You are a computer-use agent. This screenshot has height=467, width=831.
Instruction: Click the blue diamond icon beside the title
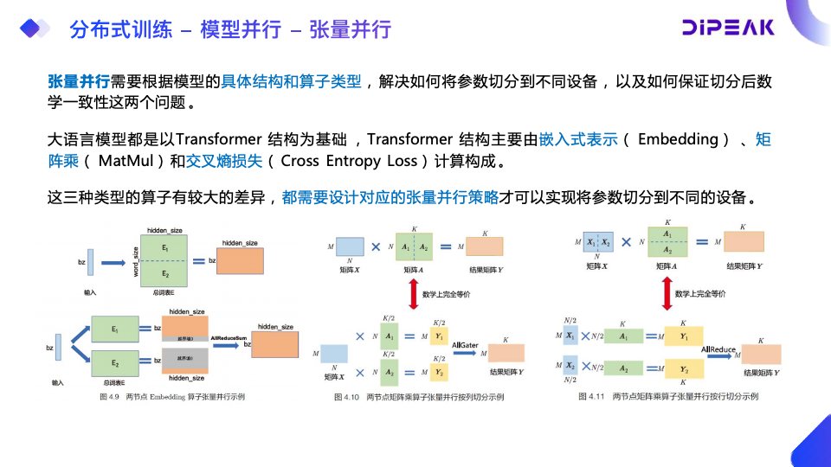tap(35, 29)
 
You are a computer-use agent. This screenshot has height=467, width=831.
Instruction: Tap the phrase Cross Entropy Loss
tap(351, 161)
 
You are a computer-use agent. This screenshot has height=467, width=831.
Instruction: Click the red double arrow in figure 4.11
tap(667, 294)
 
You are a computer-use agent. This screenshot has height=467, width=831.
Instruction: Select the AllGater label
tap(466, 344)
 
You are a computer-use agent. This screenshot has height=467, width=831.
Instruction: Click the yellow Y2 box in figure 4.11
tap(685, 368)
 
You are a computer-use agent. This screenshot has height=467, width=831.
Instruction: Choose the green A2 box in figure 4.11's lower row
tap(622, 368)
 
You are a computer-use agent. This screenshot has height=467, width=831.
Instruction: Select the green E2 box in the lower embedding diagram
tap(115, 361)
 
